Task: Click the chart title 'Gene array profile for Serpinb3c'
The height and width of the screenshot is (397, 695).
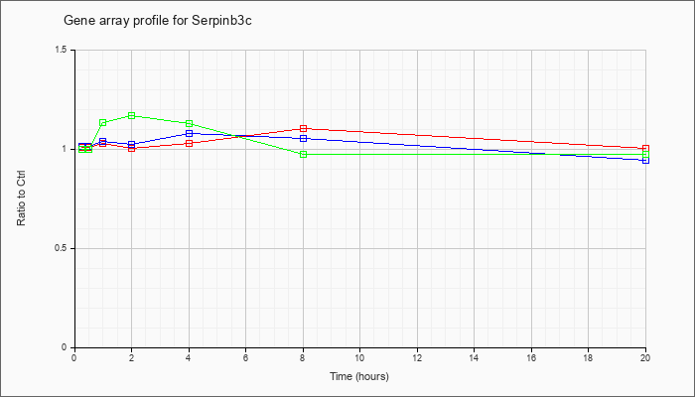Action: click(x=158, y=21)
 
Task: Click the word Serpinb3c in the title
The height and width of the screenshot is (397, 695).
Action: click(x=222, y=21)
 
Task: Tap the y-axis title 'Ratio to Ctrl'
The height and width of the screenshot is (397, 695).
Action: click(x=21, y=198)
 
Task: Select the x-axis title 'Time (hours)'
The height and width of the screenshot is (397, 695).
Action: click(x=359, y=376)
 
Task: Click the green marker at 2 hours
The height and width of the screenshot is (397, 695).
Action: click(x=132, y=116)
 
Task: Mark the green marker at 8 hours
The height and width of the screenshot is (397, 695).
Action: click(x=303, y=154)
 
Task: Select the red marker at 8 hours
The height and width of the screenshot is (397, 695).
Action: click(x=303, y=128)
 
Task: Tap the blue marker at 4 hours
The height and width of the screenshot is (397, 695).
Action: click(x=190, y=133)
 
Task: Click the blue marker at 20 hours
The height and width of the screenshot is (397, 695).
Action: click(x=645, y=160)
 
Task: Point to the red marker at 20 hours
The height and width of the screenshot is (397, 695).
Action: click(x=645, y=149)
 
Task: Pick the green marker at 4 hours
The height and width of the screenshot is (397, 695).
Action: click(x=190, y=124)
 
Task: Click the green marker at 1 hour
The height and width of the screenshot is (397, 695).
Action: click(x=103, y=123)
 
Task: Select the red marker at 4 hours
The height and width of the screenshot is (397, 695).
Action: click(x=190, y=144)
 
